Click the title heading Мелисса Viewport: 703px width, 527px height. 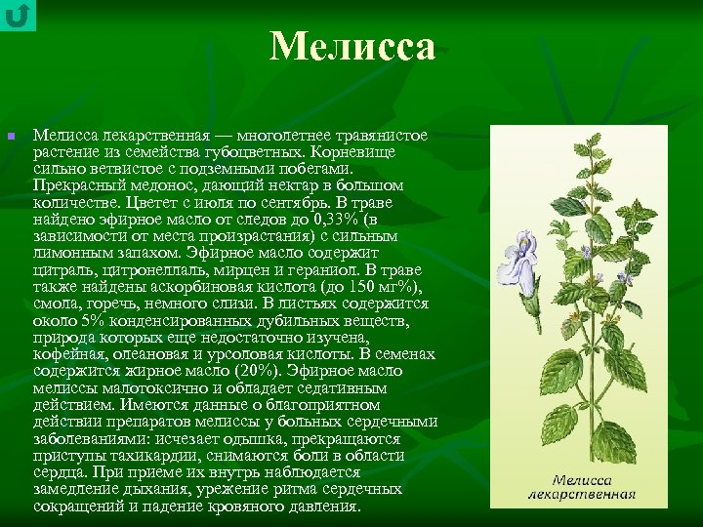point(352,46)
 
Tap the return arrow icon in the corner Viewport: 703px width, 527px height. point(18,15)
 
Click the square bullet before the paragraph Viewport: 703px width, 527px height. point(11,136)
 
